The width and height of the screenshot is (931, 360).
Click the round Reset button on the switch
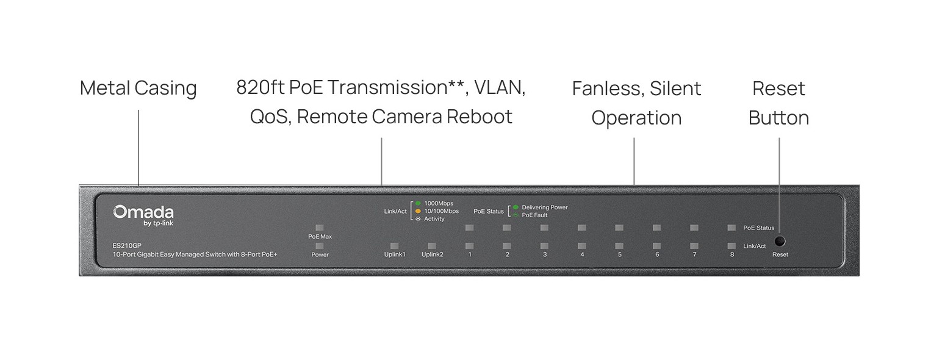(x=779, y=241)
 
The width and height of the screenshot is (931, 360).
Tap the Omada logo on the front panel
(x=143, y=212)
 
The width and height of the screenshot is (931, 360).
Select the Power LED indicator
(x=320, y=245)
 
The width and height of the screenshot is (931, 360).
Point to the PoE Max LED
(x=320, y=227)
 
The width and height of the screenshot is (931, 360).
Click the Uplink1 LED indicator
(x=394, y=246)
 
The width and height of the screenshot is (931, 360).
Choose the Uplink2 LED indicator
(x=432, y=246)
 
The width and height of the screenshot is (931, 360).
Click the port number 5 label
(x=619, y=254)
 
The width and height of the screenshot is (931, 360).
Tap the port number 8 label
(x=732, y=254)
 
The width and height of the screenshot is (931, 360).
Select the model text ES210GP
(x=127, y=245)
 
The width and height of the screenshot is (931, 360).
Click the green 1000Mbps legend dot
(x=418, y=203)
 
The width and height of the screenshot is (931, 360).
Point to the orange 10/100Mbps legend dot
(x=418, y=211)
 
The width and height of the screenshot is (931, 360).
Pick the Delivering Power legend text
(x=544, y=207)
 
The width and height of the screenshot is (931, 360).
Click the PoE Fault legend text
(x=534, y=215)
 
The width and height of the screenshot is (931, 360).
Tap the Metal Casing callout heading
(x=138, y=88)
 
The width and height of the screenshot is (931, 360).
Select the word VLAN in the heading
(x=499, y=87)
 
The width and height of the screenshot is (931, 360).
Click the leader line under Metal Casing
(x=138, y=146)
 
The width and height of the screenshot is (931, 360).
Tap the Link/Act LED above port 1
(x=469, y=246)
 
